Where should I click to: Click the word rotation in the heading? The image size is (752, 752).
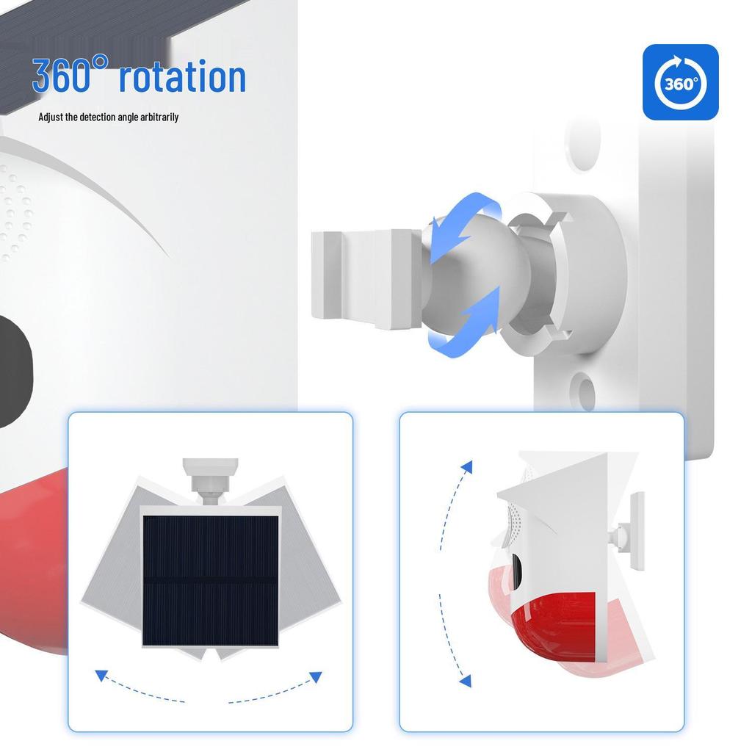[x=181, y=76]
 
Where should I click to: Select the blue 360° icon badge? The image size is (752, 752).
[x=680, y=82]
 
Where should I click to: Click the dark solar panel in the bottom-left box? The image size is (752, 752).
[x=210, y=580]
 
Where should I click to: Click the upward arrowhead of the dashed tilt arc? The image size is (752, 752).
[x=466, y=466]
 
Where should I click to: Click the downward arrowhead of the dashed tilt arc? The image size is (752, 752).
[x=464, y=681]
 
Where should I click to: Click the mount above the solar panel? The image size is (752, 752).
[x=210, y=477]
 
